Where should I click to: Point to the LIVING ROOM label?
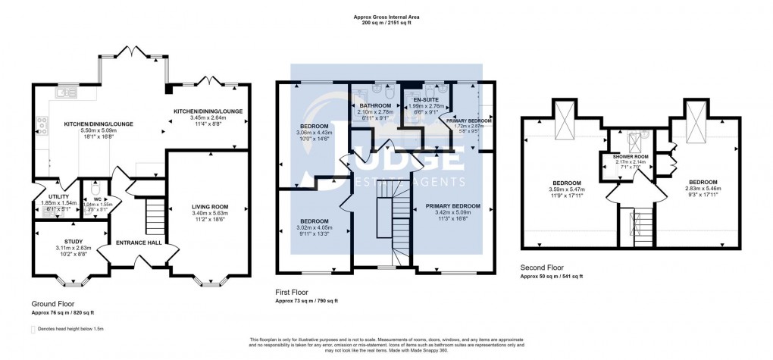click(206, 206)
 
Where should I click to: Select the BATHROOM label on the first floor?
click(375, 105)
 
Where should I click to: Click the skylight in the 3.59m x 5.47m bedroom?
click(564, 121)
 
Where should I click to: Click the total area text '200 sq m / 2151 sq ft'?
click(386, 22)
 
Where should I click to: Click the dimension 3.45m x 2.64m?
click(208, 118)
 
